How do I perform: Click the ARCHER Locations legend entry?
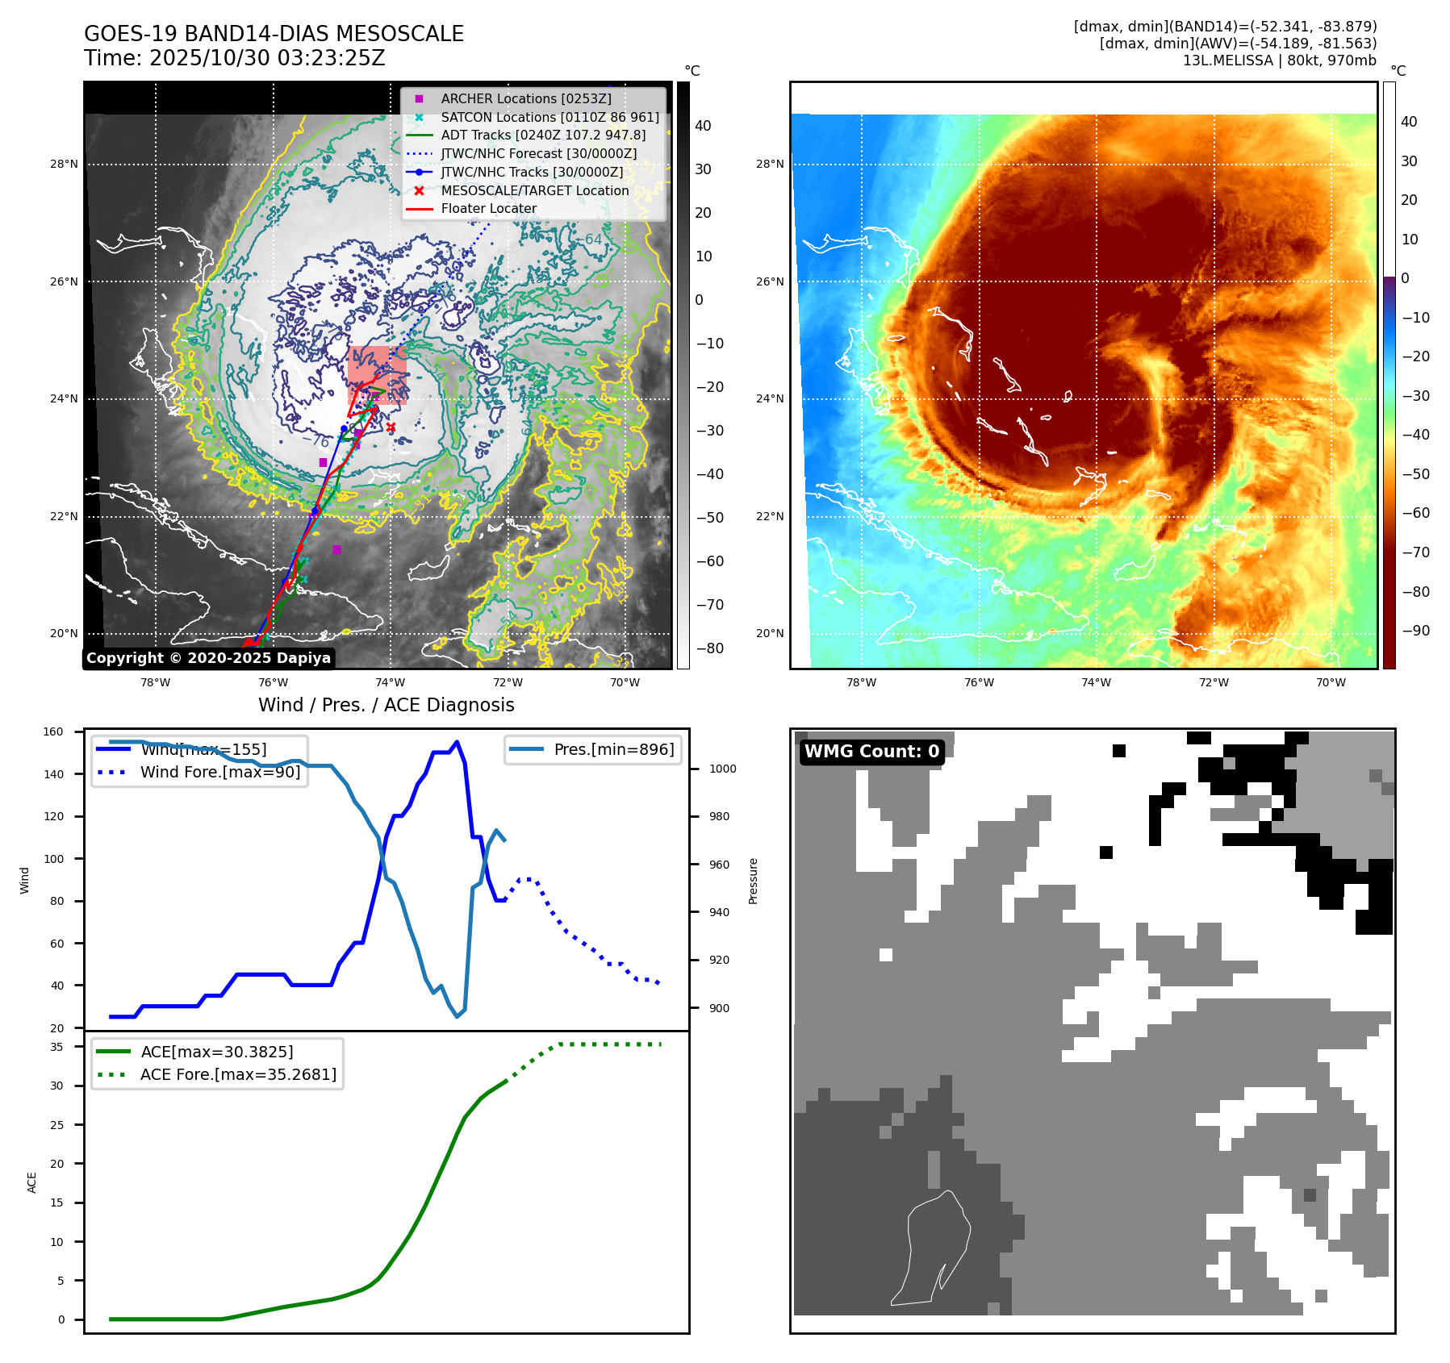(525, 98)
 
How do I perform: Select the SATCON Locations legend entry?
(549, 117)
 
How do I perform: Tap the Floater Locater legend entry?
(488, 208)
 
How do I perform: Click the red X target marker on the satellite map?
(391, 427)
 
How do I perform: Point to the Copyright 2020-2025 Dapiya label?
(208, 658)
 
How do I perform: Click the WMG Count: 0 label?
(871, 752)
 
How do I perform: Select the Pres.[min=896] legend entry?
(613, 749)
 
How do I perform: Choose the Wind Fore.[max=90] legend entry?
(219, 772)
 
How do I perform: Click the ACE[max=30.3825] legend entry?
(216, 1052)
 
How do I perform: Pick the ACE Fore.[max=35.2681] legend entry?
(238, 1074)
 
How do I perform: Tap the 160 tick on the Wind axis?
(53, 732)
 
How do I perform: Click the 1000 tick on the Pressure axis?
(722, 769)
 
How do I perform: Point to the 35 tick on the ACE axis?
(56, 1047)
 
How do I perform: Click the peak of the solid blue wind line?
(457, 742)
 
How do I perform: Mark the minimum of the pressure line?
(458, 1016)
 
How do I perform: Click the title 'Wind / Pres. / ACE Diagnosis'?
(386, 705)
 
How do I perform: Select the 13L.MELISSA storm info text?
(1279, 60)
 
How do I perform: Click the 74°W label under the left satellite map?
(391, 682)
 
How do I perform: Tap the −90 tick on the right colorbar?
(1415, 631)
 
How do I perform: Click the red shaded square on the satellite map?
(377, 375)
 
